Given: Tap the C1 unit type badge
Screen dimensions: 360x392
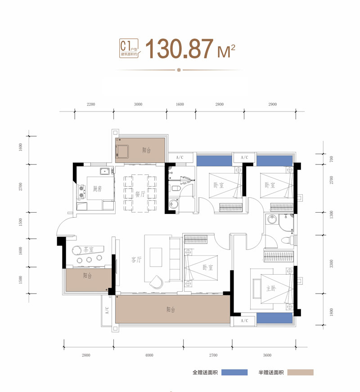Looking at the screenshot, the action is [129, 48].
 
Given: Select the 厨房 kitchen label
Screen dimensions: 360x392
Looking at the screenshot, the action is [97, 189].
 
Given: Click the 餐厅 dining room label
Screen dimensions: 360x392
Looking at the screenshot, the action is [140, 194].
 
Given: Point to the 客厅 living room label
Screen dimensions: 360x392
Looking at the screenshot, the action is [136, 260].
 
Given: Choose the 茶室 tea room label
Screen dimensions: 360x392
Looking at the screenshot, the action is [88, 249].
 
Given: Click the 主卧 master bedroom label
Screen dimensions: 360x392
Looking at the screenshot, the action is [271, 289].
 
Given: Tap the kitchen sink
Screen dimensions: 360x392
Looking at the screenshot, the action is [104, 171].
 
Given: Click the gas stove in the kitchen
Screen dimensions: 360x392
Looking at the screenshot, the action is [81, 192].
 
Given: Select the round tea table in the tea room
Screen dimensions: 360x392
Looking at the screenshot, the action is [76, 250].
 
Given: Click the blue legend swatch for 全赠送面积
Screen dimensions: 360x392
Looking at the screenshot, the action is [234, 373].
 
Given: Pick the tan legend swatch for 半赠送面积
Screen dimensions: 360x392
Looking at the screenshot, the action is [300, 373].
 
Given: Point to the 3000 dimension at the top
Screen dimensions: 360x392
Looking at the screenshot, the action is [138, 104].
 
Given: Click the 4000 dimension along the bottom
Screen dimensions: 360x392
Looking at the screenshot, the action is [149, 355].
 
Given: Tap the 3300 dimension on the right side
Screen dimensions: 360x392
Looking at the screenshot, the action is [332, 264].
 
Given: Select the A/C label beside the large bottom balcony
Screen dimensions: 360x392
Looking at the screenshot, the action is [107, 310].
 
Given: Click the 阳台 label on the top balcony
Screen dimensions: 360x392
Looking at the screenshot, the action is [147, 150].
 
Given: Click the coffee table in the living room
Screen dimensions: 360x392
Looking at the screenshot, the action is [156, 257].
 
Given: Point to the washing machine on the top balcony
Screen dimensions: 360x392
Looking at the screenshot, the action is [122, 151].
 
